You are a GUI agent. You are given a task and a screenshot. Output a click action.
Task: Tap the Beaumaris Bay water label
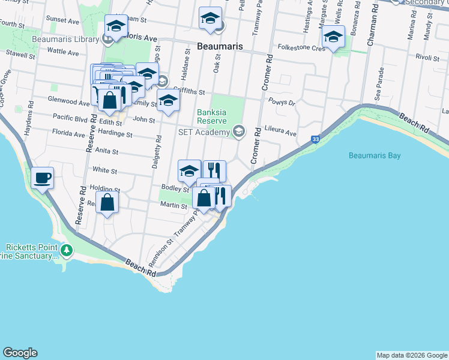pyautogui.click(x=374, y=155)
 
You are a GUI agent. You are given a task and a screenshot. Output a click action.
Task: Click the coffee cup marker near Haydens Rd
pyautogui.click(x=43, y=178)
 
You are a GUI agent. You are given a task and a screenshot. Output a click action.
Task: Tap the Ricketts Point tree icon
pyautogui.click(x=68, y=250)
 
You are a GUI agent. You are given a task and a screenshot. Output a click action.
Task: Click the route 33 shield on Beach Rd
pyautogui.click(x=315, y=139)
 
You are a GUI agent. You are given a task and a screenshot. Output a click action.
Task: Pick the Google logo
pyautogui.click(x=20, y=353)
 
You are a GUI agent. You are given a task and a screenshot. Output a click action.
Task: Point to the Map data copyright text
pyautogui.click(x=411, y=355)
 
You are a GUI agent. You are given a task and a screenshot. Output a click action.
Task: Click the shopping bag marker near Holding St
pyautogui.click(x=107, y=202)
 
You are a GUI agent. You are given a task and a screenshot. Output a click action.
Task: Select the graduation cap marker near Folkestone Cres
pyautogui.click(x=333, y=37)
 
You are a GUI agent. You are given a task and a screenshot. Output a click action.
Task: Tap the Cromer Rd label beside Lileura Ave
pyautogui.click(x=256, y=145)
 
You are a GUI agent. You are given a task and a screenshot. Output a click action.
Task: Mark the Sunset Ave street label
pyautogui.click(x=64, y=20)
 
